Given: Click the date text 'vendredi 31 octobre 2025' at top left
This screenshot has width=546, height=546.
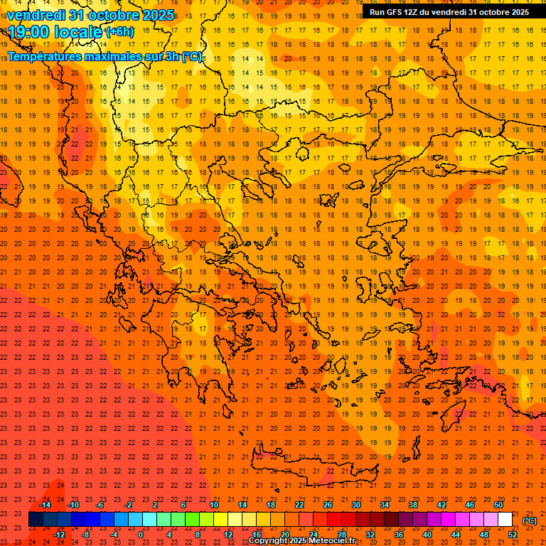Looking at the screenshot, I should point(89,15).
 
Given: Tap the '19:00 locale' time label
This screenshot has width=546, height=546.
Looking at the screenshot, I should point(53,31).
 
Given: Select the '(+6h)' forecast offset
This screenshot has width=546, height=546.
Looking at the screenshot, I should point(119,31).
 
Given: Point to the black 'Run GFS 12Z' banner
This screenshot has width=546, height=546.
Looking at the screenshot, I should point(449,12).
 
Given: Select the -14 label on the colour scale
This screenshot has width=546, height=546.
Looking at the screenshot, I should point(45,505).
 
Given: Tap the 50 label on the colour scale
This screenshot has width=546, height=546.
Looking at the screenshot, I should point(498,505).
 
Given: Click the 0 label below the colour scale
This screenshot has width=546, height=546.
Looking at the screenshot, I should point(141,535).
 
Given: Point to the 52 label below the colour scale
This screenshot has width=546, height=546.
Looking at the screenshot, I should point(513,535).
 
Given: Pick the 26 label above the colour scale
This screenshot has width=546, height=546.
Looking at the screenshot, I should point(328,505).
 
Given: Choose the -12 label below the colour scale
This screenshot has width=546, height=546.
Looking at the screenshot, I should point(59,535).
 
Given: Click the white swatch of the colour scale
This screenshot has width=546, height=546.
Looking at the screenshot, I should point(505,520).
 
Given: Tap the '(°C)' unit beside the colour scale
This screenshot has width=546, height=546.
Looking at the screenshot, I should point(530,520).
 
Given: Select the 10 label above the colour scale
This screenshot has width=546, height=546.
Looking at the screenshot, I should point(214,505).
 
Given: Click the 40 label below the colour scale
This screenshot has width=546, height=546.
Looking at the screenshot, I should point(427,535).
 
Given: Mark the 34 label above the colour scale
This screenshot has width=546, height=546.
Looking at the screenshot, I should point(385,505).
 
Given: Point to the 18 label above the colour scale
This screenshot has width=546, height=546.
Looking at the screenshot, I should point(271,505).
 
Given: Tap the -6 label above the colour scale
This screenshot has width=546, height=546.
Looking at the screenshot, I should point(100,505).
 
